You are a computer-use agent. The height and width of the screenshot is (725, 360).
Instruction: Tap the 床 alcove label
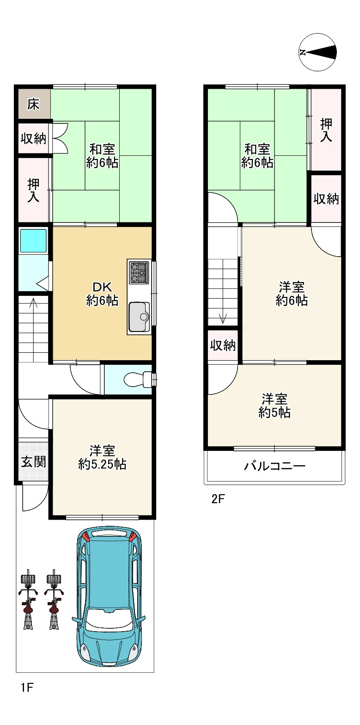click(x=33, y=104)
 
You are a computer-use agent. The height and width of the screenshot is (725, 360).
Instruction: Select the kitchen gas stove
click(x=140, y=272)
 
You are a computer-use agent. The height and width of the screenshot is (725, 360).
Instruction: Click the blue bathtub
click(x=33, y=240)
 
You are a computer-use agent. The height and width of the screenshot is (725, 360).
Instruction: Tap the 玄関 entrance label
click(x=33, y=462)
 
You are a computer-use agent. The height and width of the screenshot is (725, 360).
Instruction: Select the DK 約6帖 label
click(x=102, y=294)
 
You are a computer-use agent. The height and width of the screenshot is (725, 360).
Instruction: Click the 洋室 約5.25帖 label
click(x=102, y=457)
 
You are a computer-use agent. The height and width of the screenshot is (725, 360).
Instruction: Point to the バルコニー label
click(x=275, y=466)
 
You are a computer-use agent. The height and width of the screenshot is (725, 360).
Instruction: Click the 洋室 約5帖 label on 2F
click(x=275, y=406)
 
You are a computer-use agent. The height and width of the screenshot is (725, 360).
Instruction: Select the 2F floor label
click(x=218, y=499)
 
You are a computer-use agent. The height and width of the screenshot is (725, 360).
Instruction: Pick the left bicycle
click(x=28, y=602)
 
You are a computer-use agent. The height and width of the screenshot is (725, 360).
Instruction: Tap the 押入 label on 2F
click(x=326, y=130)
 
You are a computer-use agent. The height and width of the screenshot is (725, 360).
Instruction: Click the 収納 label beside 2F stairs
click(x=223, y=345)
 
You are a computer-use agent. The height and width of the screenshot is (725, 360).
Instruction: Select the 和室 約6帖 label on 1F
click(x=102, y=156)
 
